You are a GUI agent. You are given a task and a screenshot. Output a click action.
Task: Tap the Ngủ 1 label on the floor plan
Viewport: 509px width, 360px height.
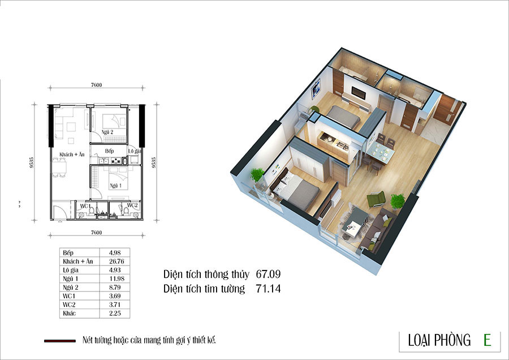115,186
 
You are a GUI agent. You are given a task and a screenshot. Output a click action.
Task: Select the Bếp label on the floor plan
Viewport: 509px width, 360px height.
109,151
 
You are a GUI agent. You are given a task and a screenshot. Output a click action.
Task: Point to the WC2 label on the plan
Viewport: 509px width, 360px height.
132,205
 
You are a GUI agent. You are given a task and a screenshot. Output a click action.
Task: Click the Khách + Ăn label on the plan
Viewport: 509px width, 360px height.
72,155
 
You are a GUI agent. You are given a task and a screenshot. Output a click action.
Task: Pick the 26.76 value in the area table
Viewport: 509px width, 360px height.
117,262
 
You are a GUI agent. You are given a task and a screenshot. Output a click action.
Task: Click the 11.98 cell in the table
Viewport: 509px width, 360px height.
117,278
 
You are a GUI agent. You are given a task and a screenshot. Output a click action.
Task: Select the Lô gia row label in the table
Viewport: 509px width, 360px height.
71,270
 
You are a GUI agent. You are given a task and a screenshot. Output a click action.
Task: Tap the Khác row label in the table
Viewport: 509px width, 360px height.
69,313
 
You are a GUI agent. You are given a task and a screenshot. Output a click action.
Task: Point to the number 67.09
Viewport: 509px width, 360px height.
268,274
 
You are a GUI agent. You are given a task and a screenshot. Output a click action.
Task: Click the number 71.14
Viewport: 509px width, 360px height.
268,289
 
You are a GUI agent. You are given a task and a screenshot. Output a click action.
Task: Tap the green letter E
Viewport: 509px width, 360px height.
487,340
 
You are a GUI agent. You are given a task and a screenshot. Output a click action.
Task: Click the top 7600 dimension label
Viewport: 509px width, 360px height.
96,85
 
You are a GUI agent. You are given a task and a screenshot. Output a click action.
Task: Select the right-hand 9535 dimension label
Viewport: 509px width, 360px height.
154,162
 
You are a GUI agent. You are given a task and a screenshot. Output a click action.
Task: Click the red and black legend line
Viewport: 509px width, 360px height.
60,341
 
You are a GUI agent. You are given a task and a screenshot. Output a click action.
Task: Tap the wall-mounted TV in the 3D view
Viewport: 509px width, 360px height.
359,93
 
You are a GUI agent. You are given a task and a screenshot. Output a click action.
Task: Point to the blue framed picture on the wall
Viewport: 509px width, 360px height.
316,88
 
